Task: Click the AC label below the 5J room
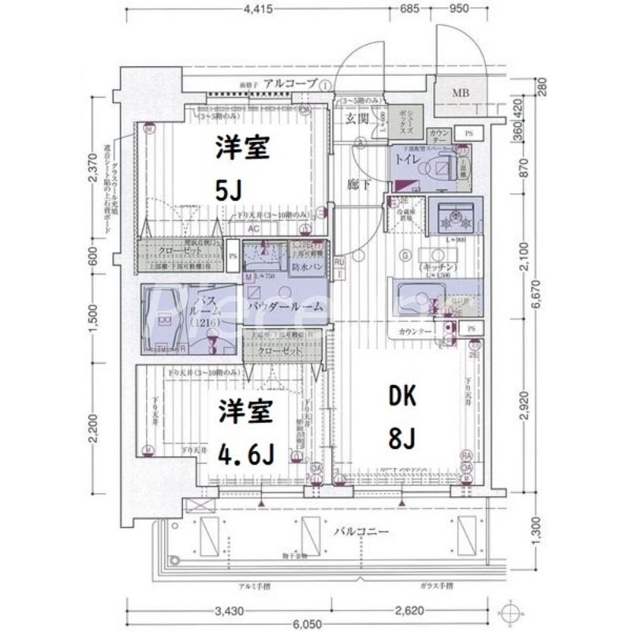tap(253, 229)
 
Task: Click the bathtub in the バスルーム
tap(166, 319)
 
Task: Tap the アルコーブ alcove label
tap(290, 83)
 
